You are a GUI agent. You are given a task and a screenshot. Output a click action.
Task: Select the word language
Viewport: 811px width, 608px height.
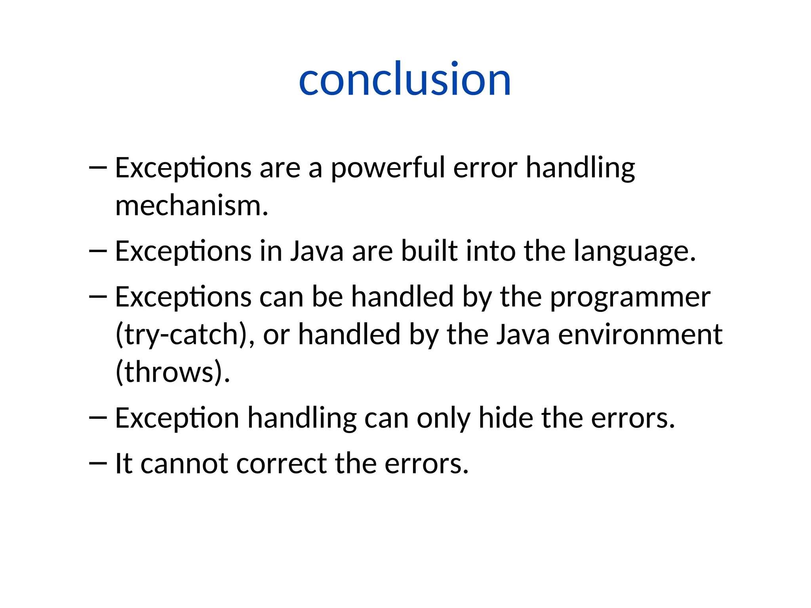coord(634,252)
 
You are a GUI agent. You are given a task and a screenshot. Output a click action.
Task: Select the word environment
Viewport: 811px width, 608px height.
coord(640,335)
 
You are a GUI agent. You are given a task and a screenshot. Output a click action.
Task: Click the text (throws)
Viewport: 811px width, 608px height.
coord(173,372)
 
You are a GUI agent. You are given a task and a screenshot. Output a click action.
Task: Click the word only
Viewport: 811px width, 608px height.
coord(443,419)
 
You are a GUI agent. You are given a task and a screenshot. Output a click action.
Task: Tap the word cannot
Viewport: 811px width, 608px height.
coord(184,464)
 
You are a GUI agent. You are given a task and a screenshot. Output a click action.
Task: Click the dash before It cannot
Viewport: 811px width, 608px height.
coord(98,463)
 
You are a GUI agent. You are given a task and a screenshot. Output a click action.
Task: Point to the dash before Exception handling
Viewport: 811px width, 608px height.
coord(98,418)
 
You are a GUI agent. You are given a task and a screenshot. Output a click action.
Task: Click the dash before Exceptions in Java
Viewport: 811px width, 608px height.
coord(98,251)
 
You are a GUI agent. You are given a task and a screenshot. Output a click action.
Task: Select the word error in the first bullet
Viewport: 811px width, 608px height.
coord(485,168)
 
